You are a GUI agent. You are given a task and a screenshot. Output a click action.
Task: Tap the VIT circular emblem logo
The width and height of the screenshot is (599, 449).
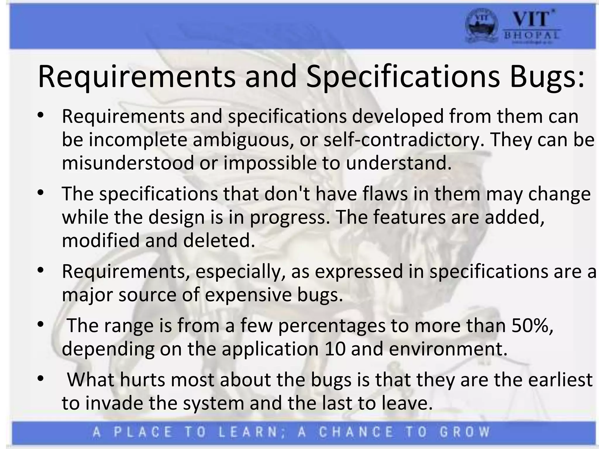pos(481,28)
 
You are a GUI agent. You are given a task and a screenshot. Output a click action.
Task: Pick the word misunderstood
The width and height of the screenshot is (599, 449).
pos(128,163)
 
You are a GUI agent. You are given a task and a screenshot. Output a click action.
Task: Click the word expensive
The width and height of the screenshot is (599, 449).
pos(248,295)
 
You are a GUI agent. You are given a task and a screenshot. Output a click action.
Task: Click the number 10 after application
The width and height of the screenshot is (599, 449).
pos(335,349)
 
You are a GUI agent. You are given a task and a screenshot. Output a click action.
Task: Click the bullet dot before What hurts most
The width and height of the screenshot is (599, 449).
pos(40,379)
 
